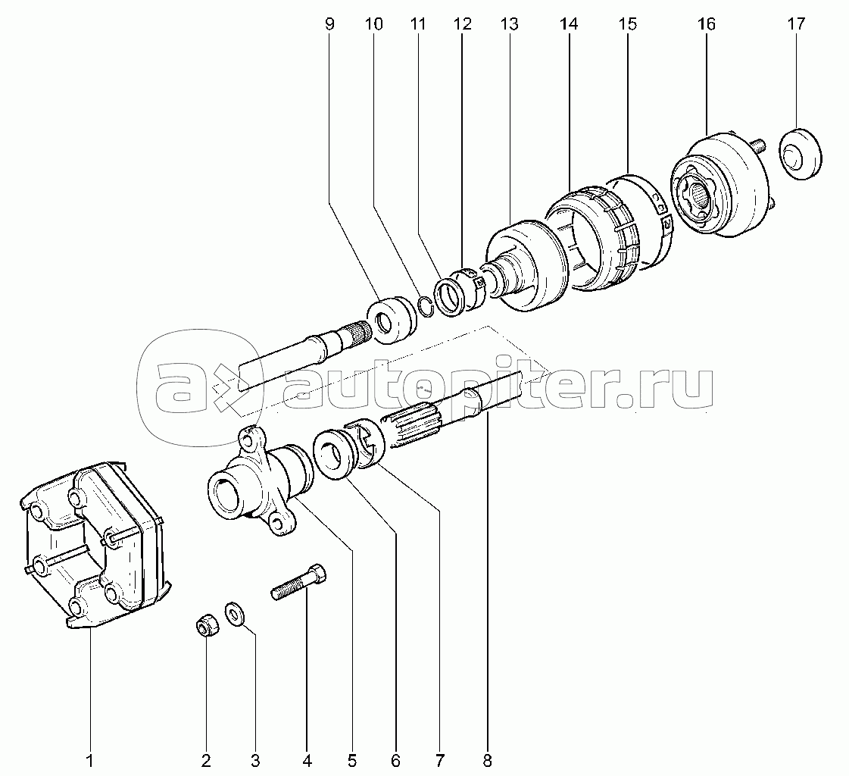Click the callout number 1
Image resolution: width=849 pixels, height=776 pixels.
(90, 761)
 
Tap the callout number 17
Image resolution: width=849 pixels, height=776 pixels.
(797, 23)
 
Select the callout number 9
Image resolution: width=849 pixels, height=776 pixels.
(329, 23)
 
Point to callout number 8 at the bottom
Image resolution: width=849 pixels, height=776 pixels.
(487, 761)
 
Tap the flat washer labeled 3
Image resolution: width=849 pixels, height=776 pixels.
(235, 613)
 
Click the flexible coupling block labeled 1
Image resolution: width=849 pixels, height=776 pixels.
(95, 546)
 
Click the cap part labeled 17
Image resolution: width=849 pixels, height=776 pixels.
(801, 153)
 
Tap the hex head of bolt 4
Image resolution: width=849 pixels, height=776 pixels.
(317, 573)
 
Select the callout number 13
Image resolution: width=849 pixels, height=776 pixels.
(509, 23)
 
